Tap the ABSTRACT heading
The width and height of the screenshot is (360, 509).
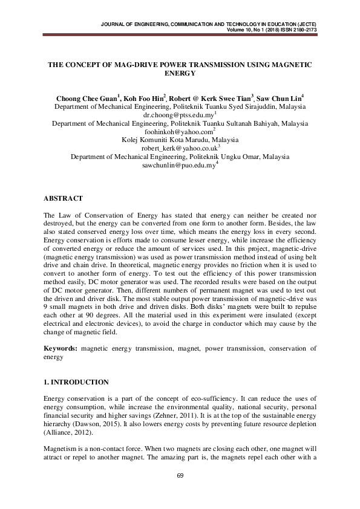coord(64,198)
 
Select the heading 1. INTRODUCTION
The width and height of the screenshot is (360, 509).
coord(77,382)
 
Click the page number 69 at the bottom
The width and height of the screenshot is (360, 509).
coord(180,476)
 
